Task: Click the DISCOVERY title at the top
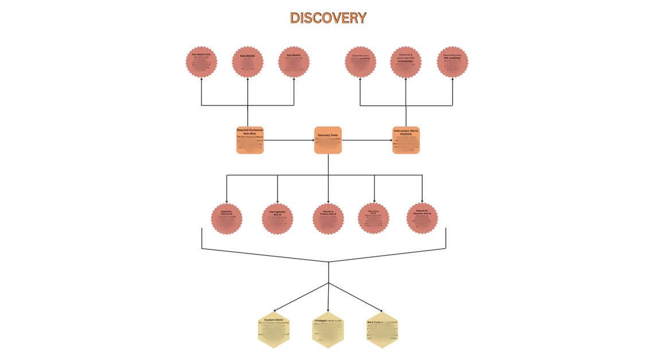click(328, 18)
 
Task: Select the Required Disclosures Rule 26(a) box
click(250, 140)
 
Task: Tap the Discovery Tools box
click(328, 140)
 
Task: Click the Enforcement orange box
click(406, 140)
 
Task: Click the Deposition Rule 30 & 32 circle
click(227, 219)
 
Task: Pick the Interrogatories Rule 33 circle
click(278, 219)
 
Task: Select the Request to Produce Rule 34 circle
click(328, 219)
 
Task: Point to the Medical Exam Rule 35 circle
click(374, 219)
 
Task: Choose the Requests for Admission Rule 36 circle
click(422, 219)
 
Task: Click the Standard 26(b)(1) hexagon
click(274, 330)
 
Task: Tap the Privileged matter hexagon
click(328, 330)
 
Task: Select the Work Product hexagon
click(382, 330)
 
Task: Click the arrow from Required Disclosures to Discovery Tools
click(289, 140)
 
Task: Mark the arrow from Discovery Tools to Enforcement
click(367, 140)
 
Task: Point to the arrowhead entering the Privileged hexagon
click(328, 310)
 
